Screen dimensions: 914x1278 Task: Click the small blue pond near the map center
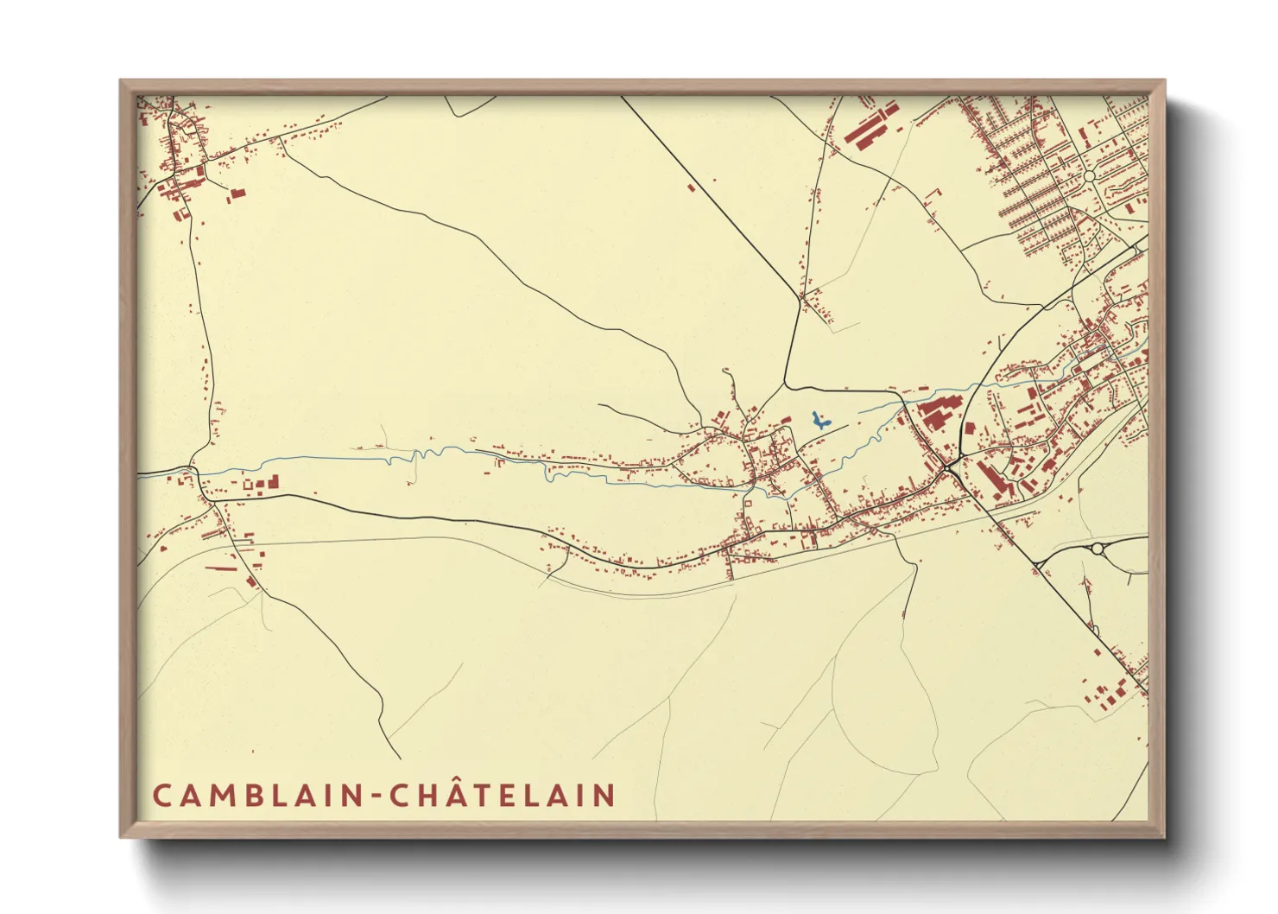pyautogui.click(x=819, y=422)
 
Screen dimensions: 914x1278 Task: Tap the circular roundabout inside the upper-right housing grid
pyautogui.click(x=1089, y=176)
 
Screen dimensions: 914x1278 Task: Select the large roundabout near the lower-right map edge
pyautogui.click(x=1098, y=548)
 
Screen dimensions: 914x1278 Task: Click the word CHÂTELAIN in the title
pyautogui.click(x=503, y=794)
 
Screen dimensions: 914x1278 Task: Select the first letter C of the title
pyautogui.click(x=161, y=795)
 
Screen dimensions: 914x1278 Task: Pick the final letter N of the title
pyautogui.click(x=605, y=795)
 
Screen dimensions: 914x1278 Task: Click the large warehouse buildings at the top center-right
pyautogui.click(x=870, y=126)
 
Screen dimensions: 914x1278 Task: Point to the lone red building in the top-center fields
pyautogui.click(x=691, y=187)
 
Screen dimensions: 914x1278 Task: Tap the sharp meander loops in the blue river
pyautogui.click(x=406, y=456)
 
